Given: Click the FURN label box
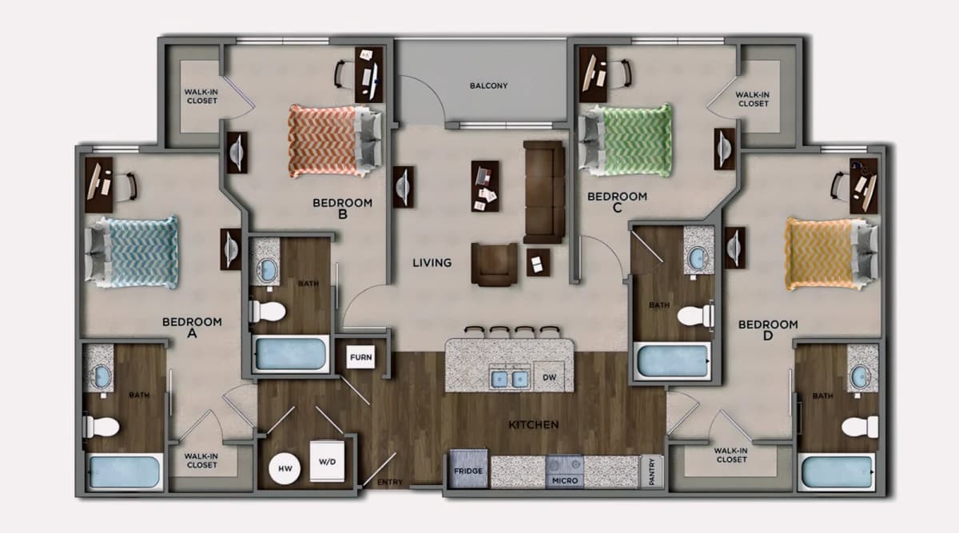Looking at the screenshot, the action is click(x=360, y=356).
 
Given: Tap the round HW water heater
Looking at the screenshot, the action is click(x=285, y=468).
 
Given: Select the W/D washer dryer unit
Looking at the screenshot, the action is click(x=327, y=462).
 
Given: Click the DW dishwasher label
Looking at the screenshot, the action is click(x=549, y=377).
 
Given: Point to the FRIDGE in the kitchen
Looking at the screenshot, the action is click(x=468, y=469).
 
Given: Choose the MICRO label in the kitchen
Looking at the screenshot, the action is click(x=565, y=481).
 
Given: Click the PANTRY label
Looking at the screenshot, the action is click(x=652, y=471).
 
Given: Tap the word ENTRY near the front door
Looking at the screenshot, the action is click(x=390, y=483).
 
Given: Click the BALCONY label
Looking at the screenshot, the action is click(x=488, y=86).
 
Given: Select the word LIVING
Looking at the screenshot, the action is click(x=432, y=263).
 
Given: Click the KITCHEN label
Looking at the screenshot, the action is click(x=534, y=424).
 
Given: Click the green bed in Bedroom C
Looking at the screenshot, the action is click(x=626, y=141).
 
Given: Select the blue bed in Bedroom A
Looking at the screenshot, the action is click(x=131, y=253).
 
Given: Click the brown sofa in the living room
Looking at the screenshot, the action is click(x=544, y=193).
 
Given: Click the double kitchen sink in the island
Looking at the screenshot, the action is click(x=510, y=379).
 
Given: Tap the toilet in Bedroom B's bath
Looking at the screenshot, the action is click(x=267, y=311).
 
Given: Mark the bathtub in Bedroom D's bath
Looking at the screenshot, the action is click(x=836, y=471).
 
